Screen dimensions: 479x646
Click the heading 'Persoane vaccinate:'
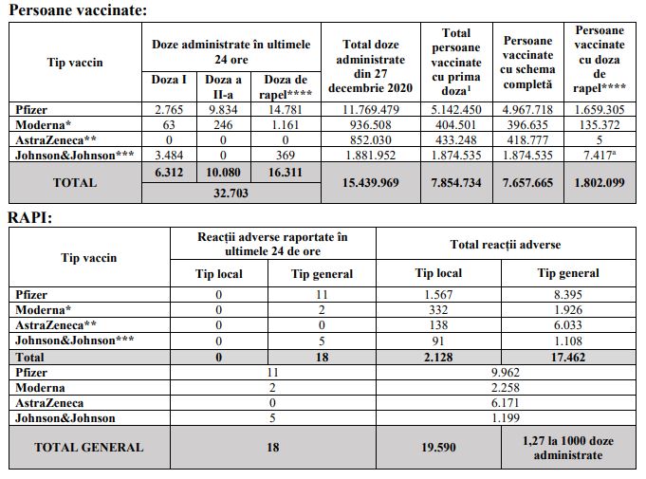[78, 11]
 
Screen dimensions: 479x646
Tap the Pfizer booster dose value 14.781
[286, 110]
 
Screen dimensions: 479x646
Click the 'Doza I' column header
[169, 80]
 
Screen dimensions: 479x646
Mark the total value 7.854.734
[456, 182]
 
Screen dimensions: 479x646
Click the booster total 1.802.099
[600, 182]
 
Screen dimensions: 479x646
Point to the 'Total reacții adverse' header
[505, 245]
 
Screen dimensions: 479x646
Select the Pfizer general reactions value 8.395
[568, 295]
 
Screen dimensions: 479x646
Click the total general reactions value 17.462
[568, 357]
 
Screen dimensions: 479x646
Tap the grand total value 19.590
[438, 448]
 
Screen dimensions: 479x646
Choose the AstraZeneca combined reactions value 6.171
[505, 403]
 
